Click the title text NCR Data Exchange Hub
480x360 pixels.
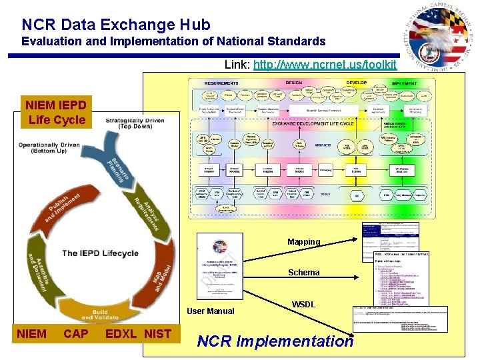coord(116,25)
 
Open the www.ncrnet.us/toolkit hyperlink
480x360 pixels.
coord(325,65)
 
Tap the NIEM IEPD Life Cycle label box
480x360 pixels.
coord(56,113)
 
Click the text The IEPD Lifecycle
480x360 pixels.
coord(101,253)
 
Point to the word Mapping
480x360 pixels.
coord(303,241)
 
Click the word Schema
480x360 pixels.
coord(303,273)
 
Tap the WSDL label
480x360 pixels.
coord(304,304)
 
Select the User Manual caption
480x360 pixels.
coord(210,311)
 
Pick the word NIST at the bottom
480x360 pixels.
coord(158,333)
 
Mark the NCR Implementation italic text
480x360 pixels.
coord(275,341)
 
